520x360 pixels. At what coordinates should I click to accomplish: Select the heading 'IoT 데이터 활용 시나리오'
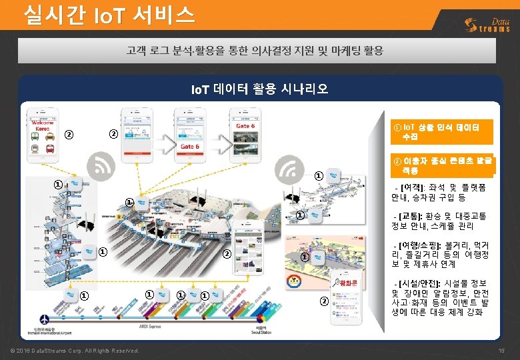(259, 89)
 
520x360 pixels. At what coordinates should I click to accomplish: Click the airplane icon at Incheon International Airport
(43, 319)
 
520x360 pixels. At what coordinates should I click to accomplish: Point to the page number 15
(501, 351)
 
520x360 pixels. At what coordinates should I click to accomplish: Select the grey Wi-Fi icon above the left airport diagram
(103, 164)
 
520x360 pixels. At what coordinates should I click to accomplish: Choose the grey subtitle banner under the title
(259, 50)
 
